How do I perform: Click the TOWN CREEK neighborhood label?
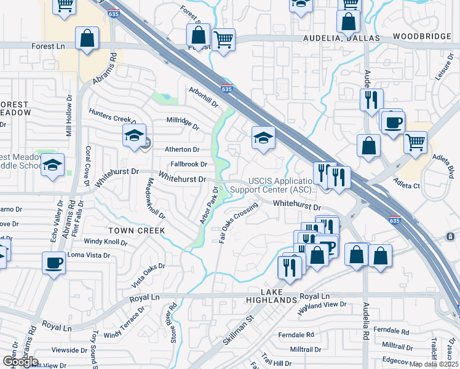pos(137,230)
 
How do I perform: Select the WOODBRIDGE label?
pos(421,37)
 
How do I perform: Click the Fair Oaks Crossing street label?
pos(237,220)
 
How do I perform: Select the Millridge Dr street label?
pos(183,123)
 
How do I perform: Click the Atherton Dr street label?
pos(182,149)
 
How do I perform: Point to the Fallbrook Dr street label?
pos(189,164)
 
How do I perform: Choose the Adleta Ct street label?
pos(408,185)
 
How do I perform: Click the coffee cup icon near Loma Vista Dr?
pos(54,263)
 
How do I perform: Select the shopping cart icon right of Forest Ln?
pos(223,39)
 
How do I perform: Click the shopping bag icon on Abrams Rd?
pos(87,38)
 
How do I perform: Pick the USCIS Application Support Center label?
pos(285,184)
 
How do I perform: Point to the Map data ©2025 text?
pos(434,364)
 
